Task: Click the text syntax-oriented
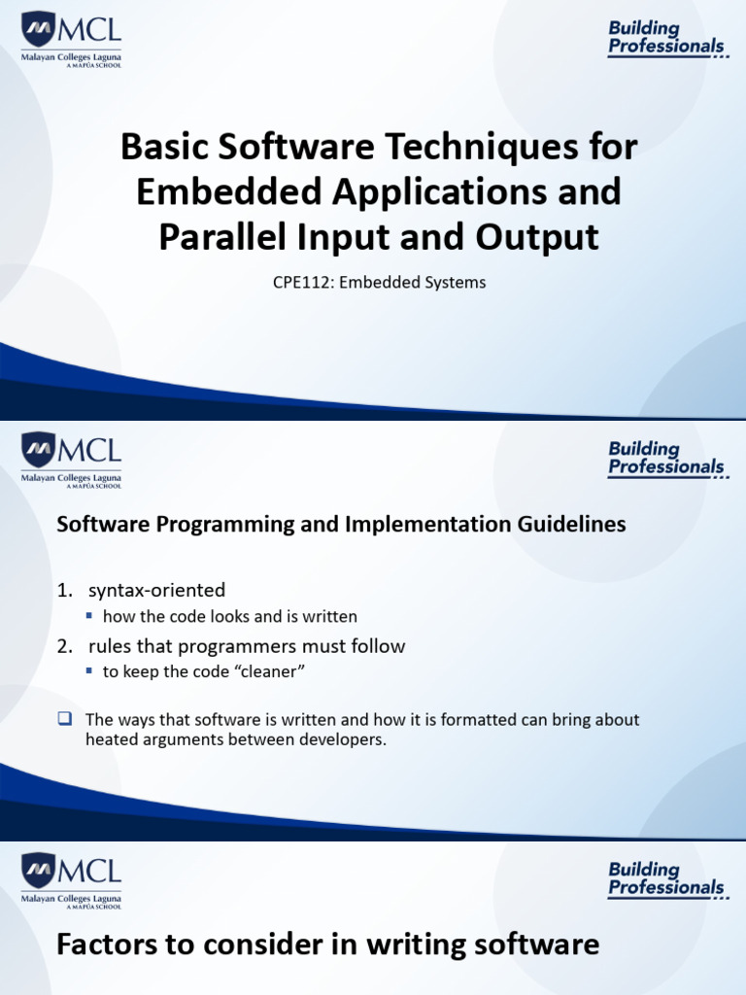(x=157, y=590)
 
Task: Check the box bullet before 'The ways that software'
(x=65, y=719)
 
